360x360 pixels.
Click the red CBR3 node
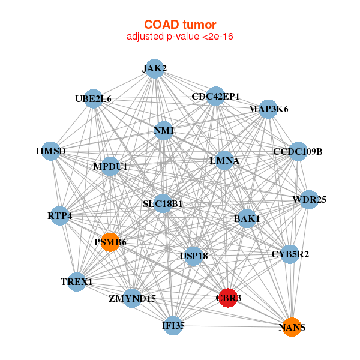tap(229, 297)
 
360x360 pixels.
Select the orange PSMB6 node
tap(110, 242)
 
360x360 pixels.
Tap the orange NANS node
tap(292, 327)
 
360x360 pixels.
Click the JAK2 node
tap(154, 68)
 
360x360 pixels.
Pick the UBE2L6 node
tap(94, 98)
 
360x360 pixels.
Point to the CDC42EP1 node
tap(215, 96)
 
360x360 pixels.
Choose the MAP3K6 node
tap(268, 109)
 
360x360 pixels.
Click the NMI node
tap(164, 130)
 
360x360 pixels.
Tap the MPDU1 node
tap(110, 166)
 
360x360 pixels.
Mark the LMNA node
tap(224, 161)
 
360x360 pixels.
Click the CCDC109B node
tap(298, 151)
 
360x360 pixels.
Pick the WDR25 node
tap(308, 199)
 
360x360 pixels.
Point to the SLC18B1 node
tap(163, 204)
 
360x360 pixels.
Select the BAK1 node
tap(247, 219)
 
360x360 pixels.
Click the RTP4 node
tap(59, 215)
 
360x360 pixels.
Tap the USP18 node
tap(193, 256)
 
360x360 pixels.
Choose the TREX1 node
tap(76, 281)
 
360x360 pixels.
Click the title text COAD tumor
tap(180, 25)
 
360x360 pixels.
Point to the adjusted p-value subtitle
tap(180, 37)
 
